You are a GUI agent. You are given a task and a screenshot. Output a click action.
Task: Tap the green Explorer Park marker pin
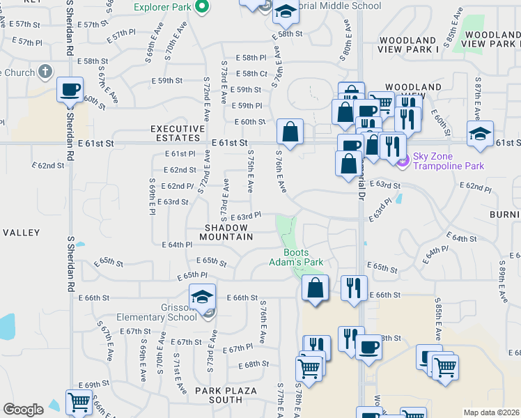203,8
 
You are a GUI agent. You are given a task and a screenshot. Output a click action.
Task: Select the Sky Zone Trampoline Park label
448,165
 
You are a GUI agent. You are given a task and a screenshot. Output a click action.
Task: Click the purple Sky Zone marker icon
402,162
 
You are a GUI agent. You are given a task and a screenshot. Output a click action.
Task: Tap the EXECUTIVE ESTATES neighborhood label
178,133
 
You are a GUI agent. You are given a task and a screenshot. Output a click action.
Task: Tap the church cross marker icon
45,71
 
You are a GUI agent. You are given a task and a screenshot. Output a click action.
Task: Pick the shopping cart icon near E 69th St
79,402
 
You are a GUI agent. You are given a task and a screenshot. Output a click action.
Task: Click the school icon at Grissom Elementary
202,297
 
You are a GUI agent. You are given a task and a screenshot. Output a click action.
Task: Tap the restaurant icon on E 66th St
354,286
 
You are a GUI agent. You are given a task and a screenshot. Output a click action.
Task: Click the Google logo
23,410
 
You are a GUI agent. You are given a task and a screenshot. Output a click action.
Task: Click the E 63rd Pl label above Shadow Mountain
245,216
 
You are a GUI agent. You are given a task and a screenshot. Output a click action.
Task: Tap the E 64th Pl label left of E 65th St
177,245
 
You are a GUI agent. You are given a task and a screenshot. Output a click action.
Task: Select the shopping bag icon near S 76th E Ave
290,131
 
